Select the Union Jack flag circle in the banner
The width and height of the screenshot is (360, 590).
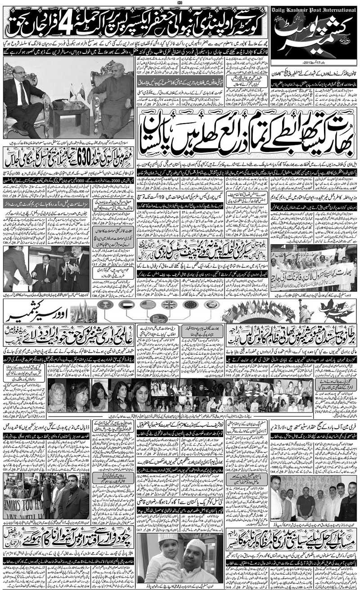(169, 305)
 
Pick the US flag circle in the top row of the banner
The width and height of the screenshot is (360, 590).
(148, 305)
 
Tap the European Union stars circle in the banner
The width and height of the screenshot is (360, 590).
(190, 305)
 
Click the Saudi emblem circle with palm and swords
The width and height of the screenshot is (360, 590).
(105, 305)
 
